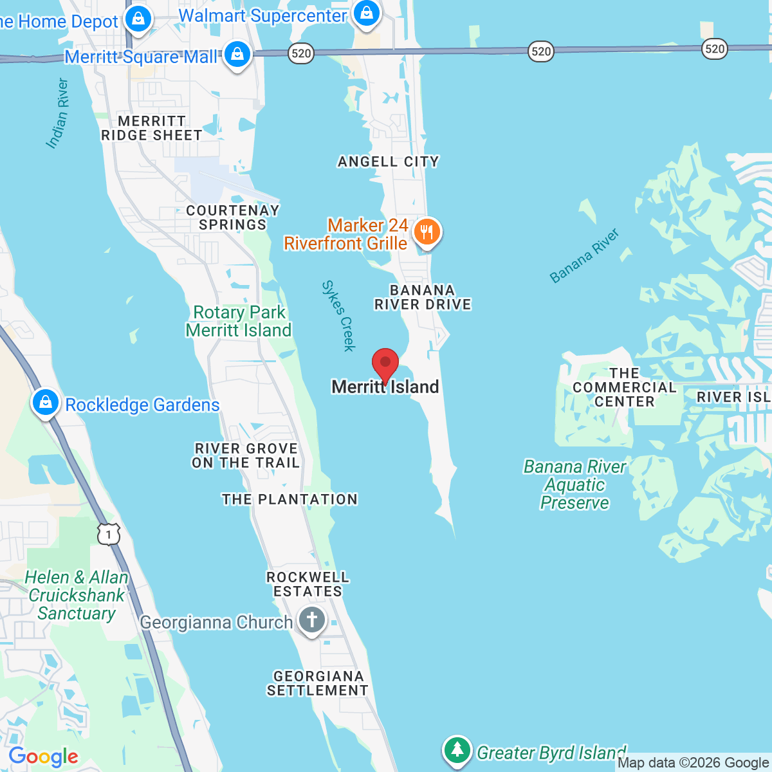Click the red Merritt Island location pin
tap(385, 364)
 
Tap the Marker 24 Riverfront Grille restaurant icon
tap(427, 232)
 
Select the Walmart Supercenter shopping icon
tap(367, 15)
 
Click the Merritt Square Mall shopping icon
tap(237, 55)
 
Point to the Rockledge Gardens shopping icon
tap(45, 403)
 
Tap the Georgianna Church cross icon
tap(312, 621)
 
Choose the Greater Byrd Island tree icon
tap(457, 750)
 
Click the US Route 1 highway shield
tap(109, 534)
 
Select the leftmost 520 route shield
tap(301, 53)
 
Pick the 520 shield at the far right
tap(715, 48)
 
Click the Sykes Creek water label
tap(338, 316)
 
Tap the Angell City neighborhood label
tap(389, 161)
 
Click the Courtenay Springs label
tap(232, 217)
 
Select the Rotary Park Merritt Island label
tap(239, 321)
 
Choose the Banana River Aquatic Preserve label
tap(574, 484)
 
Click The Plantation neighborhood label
tap(289, 499)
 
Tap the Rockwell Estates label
tap(308, 584)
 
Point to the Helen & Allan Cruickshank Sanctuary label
tap(76, 595)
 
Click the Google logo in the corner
tap(43, 757)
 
